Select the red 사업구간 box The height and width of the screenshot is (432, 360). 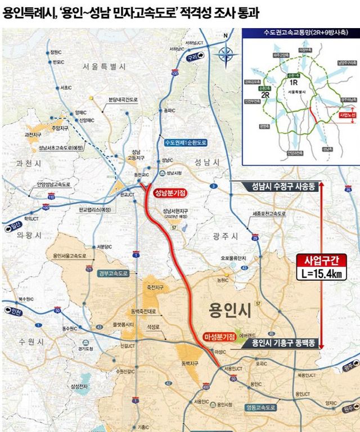(x=319, y=261)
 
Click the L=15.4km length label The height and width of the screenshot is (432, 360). (x=319, y=274)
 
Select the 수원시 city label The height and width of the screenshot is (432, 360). (x=30, y=342)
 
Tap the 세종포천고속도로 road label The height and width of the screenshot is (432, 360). (x=269, y=214)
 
